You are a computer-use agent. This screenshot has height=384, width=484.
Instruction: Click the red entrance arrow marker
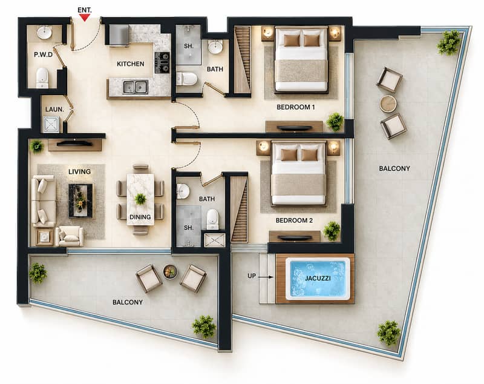[x=84, y=18]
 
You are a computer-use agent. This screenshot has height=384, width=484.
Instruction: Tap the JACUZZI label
[x=318, y=278]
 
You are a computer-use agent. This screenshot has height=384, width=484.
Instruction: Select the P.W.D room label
[x=43, y=55]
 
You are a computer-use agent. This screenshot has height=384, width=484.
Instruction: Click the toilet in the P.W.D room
[x=42, y=78]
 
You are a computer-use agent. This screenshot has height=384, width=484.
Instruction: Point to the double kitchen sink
[x=135, y=87]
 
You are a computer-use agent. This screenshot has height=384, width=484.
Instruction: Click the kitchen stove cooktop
[x=162, y=62]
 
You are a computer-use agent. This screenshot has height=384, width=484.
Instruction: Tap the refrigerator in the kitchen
[x=119, y=36]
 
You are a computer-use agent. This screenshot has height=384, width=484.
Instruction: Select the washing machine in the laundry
[x=51, y=124]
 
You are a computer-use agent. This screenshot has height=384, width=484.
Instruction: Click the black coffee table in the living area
[x=80, y=200]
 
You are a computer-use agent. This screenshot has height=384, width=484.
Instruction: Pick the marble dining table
[x=140, y=199]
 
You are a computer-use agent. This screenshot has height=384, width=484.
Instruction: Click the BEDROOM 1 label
[x=295, y=107]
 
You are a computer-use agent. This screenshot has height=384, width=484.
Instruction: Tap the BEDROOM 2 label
[x=294, y=220]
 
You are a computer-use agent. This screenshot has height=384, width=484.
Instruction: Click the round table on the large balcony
[x=388, y=104]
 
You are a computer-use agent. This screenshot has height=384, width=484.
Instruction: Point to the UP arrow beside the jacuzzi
[x=266, y=277]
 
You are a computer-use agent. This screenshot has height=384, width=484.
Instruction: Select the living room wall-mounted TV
[x=74, y=144]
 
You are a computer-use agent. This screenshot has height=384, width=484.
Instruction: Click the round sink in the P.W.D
[x=45, y=33]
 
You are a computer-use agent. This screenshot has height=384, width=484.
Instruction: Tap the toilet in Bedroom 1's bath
[x=187, y=79]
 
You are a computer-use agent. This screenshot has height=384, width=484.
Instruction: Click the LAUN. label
[x=54, y=110]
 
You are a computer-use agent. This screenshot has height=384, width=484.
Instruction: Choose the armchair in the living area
[x=70, y=236]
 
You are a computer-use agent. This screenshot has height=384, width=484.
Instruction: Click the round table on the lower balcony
[x=170, y=272]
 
